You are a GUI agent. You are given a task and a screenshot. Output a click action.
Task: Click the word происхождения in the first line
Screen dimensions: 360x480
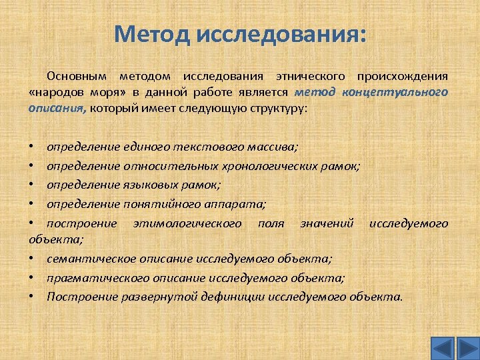(x=402, y=76)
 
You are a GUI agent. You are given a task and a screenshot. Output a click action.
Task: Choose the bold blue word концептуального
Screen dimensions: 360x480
(x=395, y=92)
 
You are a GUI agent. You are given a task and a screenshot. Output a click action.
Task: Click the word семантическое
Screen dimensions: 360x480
(x=83, y=258)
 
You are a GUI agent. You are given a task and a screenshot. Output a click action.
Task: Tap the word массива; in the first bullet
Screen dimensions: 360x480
(x=271, y=145)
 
